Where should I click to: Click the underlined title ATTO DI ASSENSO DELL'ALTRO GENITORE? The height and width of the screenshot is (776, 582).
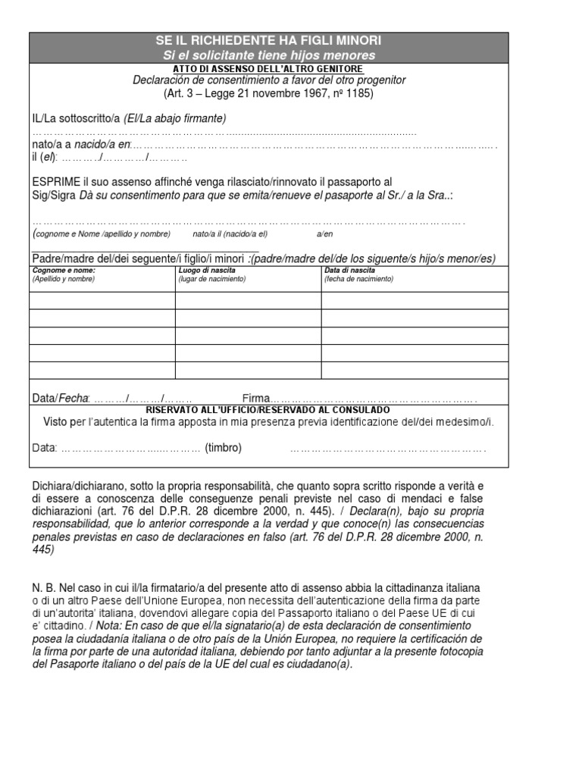tap(269, 69)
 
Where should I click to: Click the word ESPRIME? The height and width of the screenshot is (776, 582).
tap(56, 183)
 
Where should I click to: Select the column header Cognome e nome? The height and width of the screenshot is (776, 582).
tap(64, 270)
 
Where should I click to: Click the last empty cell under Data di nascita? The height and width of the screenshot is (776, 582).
tap(414, 371)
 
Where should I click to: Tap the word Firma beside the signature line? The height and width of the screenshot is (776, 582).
tap(256, 398)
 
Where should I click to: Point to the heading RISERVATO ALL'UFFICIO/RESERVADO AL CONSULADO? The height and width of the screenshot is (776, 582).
tap(269, 408)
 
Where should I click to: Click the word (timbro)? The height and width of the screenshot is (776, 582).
tap(223, 448)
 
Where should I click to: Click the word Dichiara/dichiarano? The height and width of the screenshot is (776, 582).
tap(80, 484)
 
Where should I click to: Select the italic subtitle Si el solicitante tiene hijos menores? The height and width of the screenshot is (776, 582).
tap(269, 56)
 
